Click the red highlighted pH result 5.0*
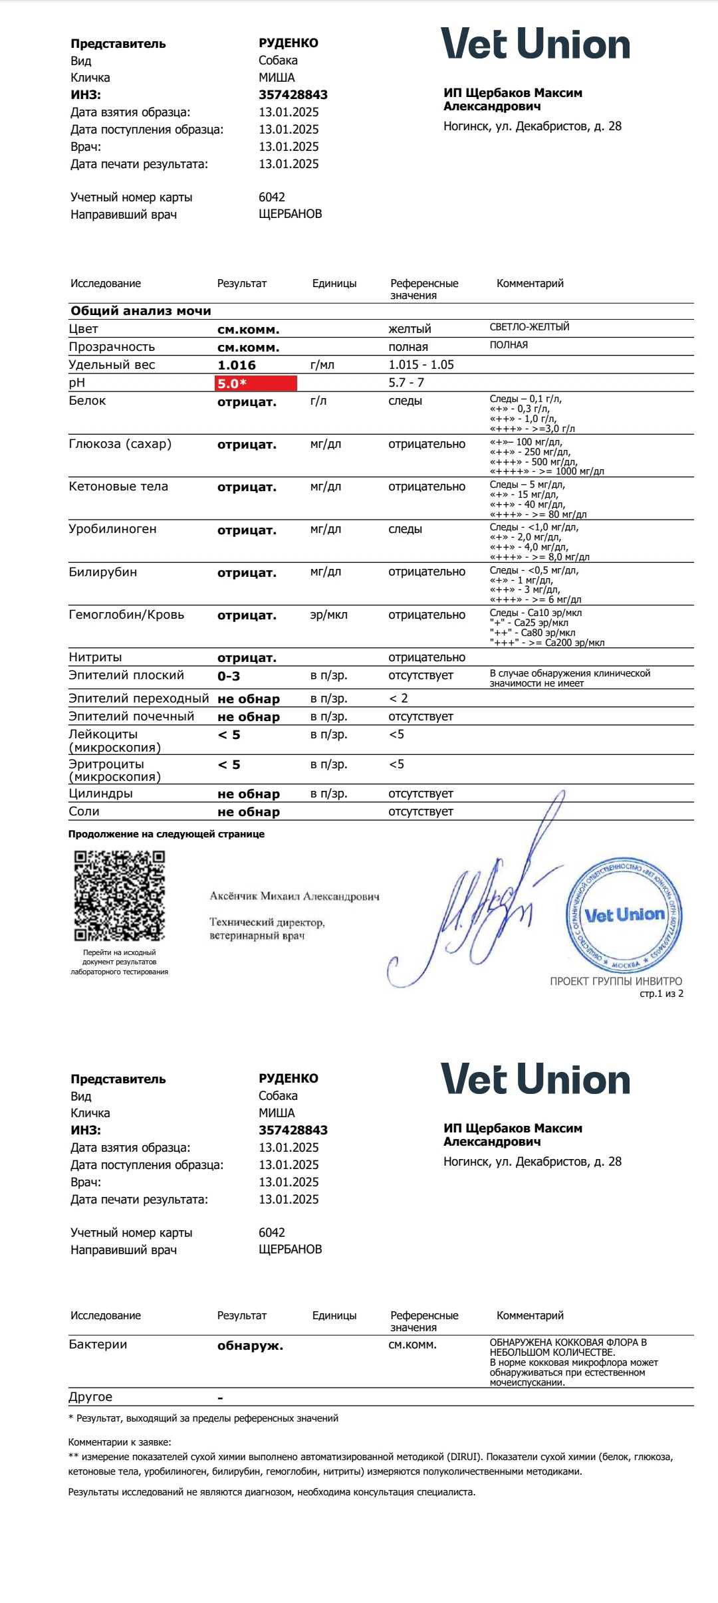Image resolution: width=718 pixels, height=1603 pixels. tap(256, 383)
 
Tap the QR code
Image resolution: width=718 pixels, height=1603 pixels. tap(119, 895)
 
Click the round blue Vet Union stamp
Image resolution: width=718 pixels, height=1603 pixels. tap(624, 915)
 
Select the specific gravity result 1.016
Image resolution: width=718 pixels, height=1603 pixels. tap(237, 365)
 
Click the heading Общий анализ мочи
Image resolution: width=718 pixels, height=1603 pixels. tap(141, 310)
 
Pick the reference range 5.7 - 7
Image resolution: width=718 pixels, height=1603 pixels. tap(406, 382)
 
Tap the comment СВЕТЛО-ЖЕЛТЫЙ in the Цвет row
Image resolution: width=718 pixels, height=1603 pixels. tap(529, 327)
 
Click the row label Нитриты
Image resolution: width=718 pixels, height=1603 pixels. tap(95, 657)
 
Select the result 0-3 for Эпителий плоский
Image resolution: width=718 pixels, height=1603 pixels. tap(229, 676)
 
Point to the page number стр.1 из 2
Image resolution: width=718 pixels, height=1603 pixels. tap(661, 994)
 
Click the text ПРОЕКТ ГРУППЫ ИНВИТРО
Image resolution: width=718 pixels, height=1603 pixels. tap(616, 981)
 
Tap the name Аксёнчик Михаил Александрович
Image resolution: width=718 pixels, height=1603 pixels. tap(295, 896)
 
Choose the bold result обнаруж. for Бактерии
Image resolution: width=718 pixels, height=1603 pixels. tap(250, 1346)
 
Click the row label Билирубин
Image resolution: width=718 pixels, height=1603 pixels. tap(102, 572)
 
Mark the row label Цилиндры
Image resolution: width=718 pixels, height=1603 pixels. tap(100, 794)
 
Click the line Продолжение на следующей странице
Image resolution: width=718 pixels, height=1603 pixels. tap(166, 834)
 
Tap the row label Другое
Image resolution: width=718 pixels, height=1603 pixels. tap(90, 1397)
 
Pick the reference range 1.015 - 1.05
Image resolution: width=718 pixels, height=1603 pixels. tap(421, 365)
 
